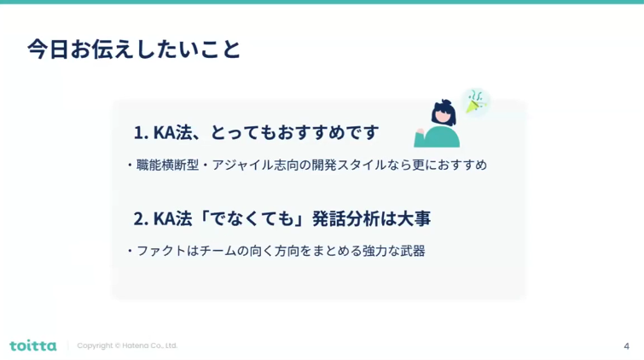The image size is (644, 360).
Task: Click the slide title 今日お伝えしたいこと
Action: pos(134,49)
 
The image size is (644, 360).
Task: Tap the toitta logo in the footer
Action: pos(33,345)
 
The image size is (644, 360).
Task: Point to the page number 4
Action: pos(626,346)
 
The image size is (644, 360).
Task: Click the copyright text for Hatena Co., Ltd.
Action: pos(127,345)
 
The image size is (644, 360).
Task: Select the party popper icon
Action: pos(475,102)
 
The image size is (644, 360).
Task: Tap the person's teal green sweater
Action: pos(438,136)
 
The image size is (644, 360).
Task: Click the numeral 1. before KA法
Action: pos(141,133)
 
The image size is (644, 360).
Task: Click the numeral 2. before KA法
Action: pos(141,218)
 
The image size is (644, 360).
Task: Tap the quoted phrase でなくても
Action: pos(252,218)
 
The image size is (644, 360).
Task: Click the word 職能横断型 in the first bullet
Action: pos(167,165)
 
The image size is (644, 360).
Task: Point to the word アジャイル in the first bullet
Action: pos(243,165)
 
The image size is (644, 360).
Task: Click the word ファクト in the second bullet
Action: pos(161,251)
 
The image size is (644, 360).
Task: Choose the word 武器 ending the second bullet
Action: pos(413,251)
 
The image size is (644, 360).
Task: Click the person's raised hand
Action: pos(420,132)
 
